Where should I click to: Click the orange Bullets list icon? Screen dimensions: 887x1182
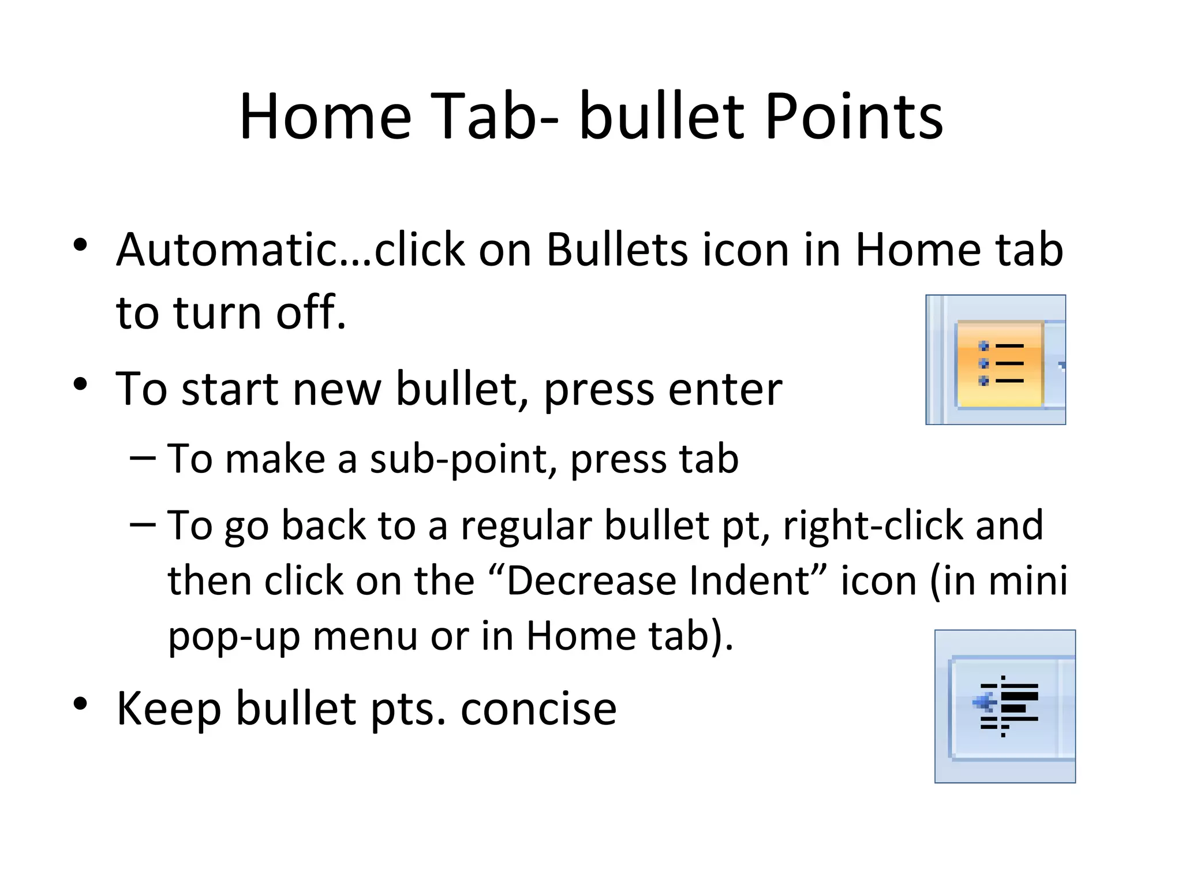[x=1000, y=364]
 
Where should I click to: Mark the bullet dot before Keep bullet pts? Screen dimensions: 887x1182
[x=80, y=703]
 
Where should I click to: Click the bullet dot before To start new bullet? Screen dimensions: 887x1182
[x=80, y=384]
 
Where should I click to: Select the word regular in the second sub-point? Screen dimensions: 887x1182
[x=526, y=527]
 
